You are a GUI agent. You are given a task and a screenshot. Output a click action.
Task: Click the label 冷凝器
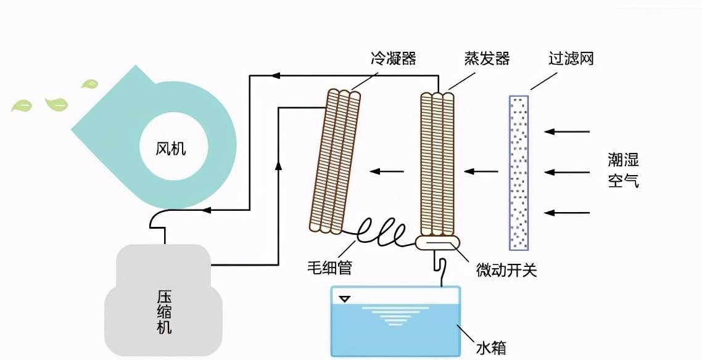click(x=393, y=59)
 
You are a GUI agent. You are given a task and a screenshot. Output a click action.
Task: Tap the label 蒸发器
click(x=487, y=59)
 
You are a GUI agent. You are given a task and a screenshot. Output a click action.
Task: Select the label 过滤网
click(x=571, y=59)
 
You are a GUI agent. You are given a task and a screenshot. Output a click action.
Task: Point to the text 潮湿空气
click(x=623, y=171)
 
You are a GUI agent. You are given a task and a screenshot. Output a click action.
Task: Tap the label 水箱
click(x=491, y=348)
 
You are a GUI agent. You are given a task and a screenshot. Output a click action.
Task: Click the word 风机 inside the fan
click(x=171, y=149)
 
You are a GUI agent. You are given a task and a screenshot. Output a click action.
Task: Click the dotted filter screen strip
click(x=519, y=172)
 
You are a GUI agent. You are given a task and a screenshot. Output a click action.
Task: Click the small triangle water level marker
click(x=345, y=300)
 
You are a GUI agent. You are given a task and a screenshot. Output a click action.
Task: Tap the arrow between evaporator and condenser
click(x=383, y=171)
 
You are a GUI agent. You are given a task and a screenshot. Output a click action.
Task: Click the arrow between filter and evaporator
click(x=481, y=171)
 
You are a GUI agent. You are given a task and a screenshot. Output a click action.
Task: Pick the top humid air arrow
click(x=568, y=131)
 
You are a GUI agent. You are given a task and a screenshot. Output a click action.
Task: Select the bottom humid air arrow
click(x=568, y=213)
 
